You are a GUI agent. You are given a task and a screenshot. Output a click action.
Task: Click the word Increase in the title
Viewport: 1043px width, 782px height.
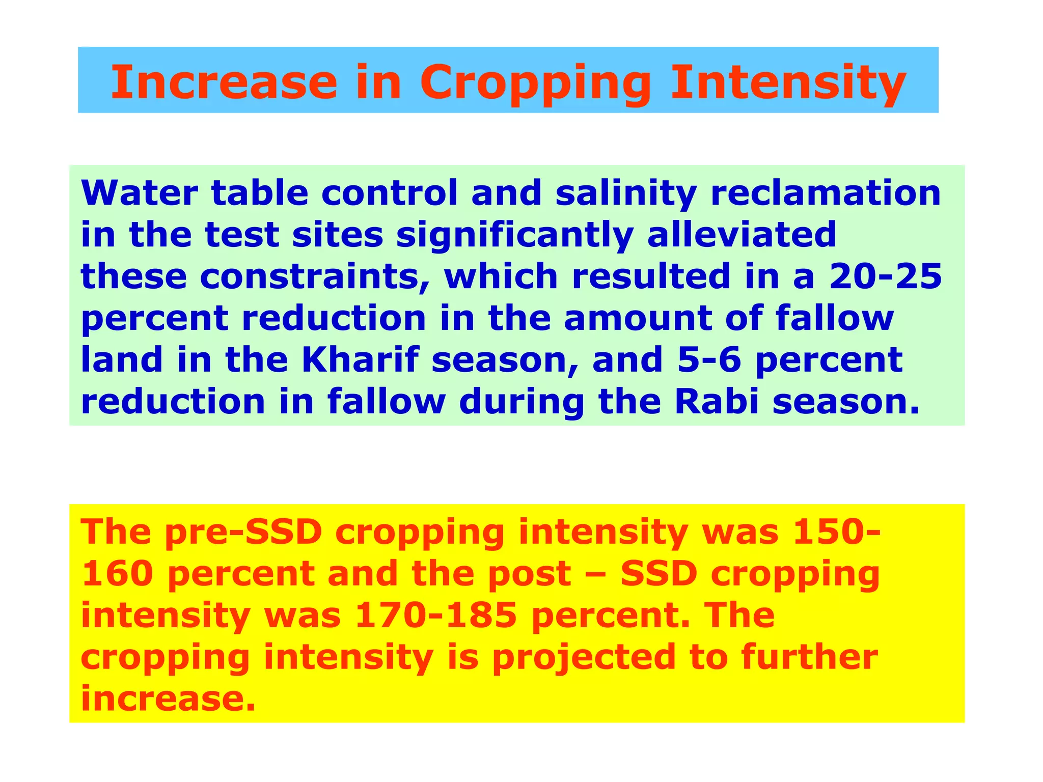tap(224, 82)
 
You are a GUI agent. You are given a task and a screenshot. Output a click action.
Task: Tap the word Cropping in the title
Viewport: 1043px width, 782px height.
tap(535, 83)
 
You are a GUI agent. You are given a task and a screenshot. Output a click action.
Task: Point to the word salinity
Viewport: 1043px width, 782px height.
tap(626, 194)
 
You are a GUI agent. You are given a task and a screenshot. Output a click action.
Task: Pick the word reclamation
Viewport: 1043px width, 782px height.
tap(826, 193)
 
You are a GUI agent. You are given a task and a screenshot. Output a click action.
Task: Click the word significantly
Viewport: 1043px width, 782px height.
tap(515, 236)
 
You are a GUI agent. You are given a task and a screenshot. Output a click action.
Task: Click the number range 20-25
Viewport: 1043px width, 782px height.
tap(886, 276)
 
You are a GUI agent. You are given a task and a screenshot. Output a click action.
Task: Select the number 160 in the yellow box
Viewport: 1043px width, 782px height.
tap(117, 574)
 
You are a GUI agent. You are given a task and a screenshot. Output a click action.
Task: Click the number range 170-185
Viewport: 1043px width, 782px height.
tap(436, 616)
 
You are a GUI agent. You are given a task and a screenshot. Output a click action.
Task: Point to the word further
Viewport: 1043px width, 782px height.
tap(809, 657)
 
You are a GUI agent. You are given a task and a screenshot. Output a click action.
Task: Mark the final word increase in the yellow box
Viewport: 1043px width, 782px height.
tap(168, 699)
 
